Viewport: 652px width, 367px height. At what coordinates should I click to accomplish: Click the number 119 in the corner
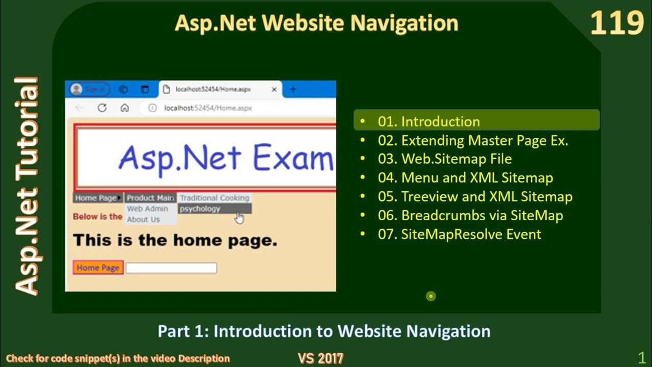[x=617, y=23]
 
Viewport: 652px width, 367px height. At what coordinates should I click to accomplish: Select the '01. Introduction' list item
[x=428, y=121]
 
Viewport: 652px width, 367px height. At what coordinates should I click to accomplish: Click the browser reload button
[x=102, y=108]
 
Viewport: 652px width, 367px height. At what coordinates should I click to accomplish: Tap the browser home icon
[x=124, y=108]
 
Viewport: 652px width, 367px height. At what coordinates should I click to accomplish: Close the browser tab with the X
[x=274, y=89]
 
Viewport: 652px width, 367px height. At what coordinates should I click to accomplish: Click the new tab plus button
[x=293, y=89]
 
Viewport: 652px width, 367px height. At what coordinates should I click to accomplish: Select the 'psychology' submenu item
[x=200, y=208]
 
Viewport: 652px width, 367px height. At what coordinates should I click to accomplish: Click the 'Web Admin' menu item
[x=147, y=208]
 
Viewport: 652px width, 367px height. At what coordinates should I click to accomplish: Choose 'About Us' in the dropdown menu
[x=143, y=220]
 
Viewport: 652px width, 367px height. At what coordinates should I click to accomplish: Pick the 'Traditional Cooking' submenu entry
[x=214, y=198]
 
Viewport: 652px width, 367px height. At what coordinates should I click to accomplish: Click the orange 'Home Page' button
[x=98, y=268]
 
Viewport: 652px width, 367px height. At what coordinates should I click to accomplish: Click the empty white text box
[x=171, y=268]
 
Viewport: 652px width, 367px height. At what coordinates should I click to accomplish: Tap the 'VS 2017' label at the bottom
[x=320, y=358]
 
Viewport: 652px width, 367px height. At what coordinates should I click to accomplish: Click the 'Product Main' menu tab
[x=150, y=198]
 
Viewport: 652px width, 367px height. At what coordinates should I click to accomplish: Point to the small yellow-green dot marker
[x=431, y=296]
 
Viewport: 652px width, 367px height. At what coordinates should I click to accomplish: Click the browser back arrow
[x=79, y=108]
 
